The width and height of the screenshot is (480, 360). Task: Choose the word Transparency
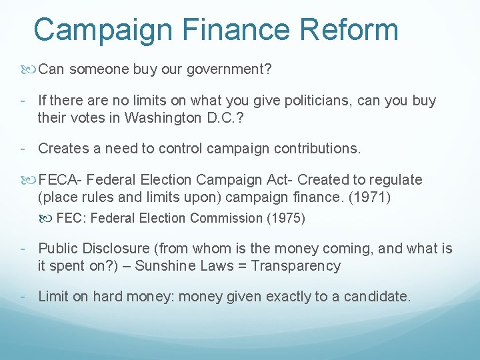click(299, 266)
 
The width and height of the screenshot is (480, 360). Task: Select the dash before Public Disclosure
click(23, 249)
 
